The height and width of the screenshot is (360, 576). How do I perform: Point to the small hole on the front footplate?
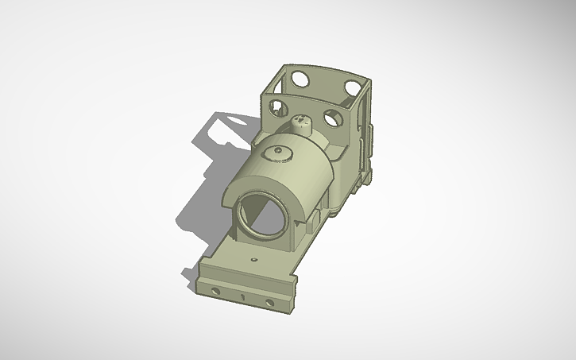pos(253,259)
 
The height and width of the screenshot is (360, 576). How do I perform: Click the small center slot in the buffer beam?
pos(242,296)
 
